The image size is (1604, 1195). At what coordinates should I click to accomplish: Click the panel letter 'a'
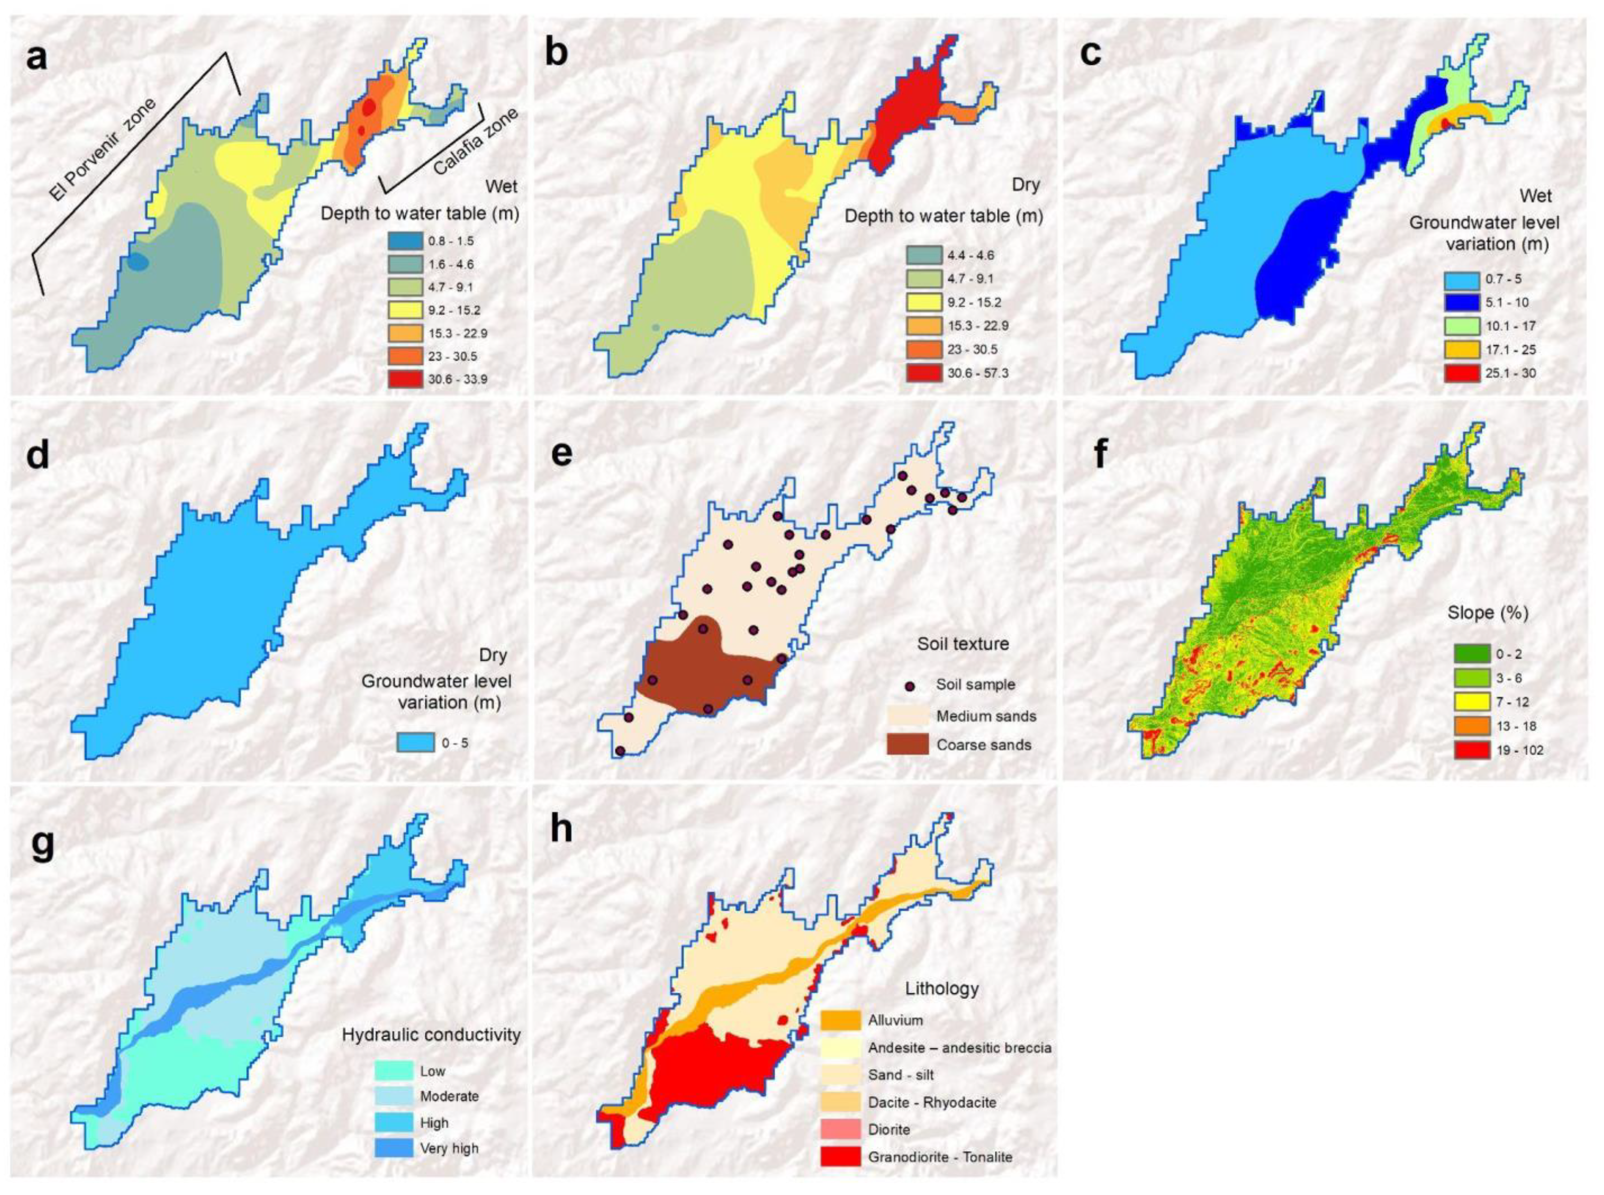click(36, 56)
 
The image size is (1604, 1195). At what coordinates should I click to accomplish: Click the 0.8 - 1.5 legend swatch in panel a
click(406, 241)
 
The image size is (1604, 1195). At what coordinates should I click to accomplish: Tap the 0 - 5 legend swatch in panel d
click(415, 742)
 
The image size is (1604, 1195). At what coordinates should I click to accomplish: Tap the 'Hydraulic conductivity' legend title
click(431, 1035)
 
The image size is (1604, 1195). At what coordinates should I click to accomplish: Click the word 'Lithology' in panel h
click(941, 988)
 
